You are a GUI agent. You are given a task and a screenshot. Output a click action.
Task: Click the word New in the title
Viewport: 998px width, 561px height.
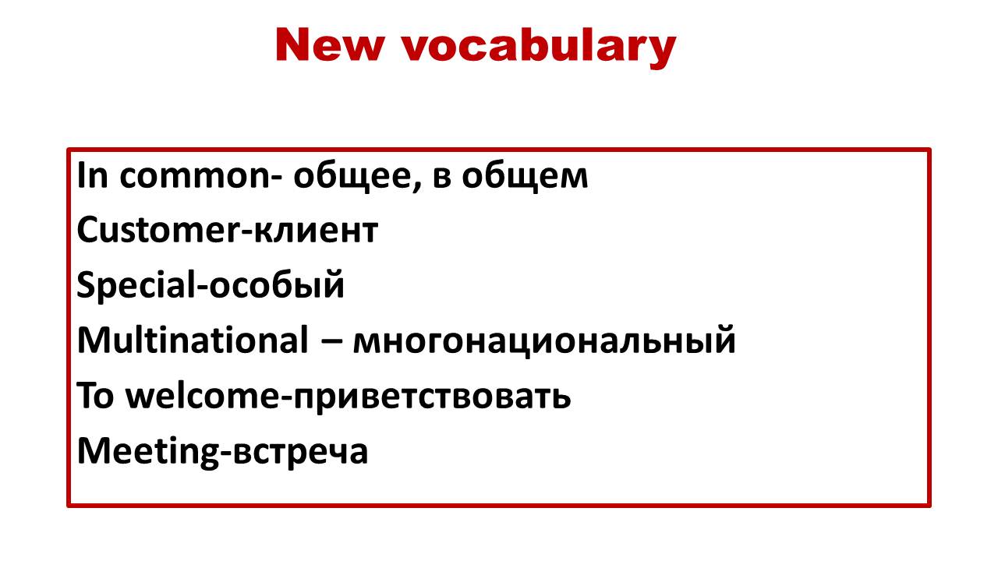point(330,45)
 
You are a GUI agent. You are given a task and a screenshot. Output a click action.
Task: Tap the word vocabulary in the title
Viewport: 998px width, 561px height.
point(540,48)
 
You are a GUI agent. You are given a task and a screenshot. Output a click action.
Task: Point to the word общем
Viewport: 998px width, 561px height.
point(525,176)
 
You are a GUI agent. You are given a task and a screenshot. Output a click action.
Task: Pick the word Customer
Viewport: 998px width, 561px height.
point(158,230)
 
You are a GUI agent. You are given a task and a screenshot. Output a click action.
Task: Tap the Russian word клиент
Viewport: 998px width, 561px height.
point(316,231)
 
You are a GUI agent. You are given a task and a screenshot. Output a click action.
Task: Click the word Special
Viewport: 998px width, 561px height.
point(136,286)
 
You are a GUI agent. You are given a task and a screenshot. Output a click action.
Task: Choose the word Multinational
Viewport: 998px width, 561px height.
point(193,340)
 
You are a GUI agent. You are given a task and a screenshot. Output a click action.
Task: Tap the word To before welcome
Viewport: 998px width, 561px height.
point(95,395)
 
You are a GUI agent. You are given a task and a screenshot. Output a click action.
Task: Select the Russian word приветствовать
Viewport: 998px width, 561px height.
point(432,397)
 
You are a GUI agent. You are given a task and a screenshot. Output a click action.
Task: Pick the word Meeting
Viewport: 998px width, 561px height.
point(148,451)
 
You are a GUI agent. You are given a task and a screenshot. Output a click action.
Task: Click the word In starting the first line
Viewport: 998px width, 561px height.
point(93,176)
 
